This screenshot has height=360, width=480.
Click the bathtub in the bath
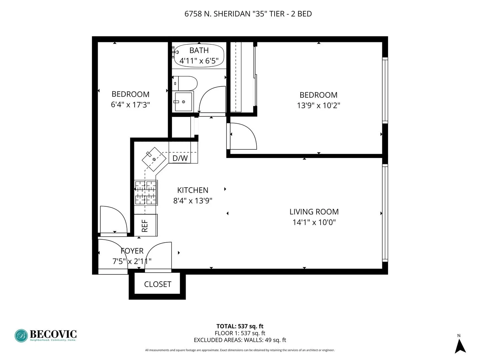(199, 55)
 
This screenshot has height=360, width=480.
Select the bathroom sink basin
(183, 102)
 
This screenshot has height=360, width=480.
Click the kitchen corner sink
(154, 159)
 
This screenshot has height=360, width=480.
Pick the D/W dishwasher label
(180, 158)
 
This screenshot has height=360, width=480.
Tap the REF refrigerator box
(145, 225)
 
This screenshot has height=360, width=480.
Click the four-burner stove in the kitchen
(146, 193)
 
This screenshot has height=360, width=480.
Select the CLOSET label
(157, 284)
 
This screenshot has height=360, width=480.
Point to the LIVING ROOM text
(314, 212)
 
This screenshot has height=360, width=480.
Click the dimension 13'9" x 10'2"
(318, 105)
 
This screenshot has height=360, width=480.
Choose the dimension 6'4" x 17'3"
(130, 105)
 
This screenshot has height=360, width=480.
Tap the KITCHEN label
(193, 190)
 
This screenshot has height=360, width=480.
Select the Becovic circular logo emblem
(21, 336)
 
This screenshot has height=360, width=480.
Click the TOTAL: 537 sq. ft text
(240, 326)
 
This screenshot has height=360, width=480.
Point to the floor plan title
(248, 14)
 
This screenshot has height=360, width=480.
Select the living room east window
(385, 213)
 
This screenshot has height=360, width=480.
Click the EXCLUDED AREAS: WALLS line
(240, 340)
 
